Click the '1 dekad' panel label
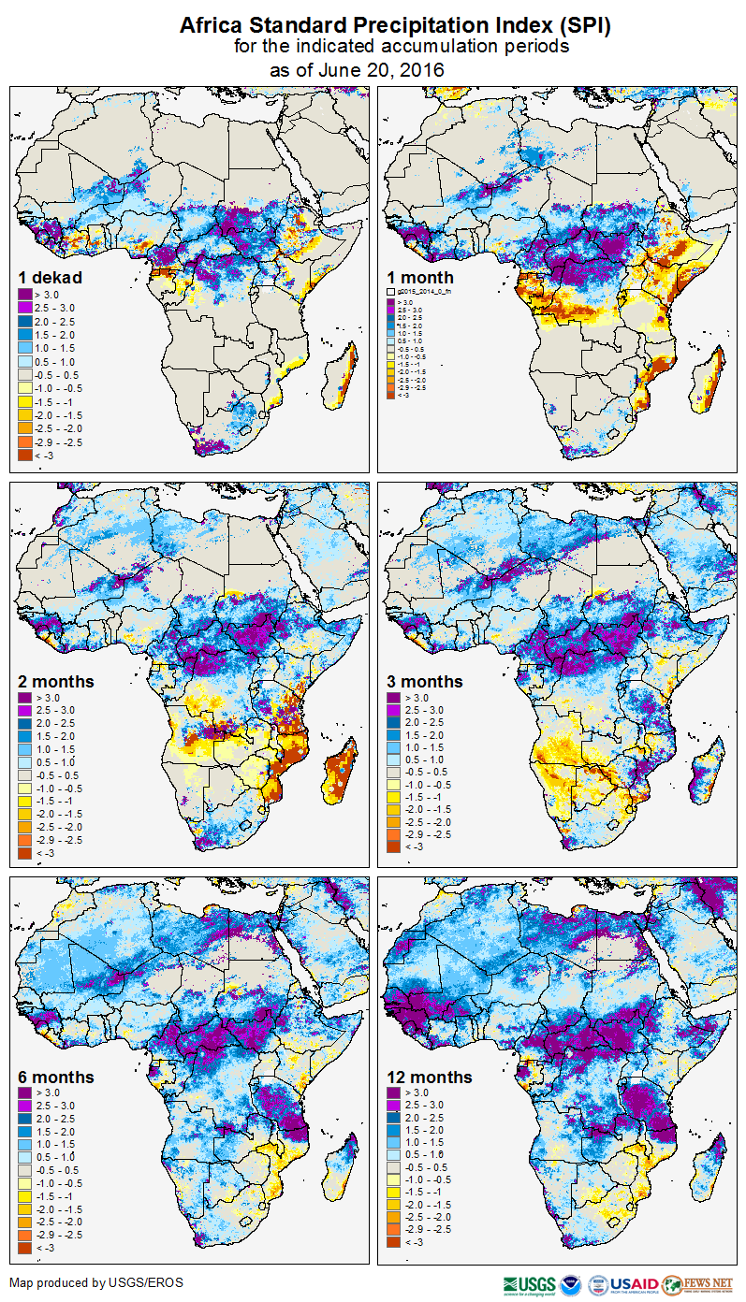(x=51, y=278)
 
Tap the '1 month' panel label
(x=419, y=278)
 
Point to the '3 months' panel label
(x=424, y=682)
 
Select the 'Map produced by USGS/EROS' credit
(x=96, y=1282)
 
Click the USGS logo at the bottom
(x=529, y=1284)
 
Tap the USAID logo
(x=634, y=1284)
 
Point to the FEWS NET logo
(x=697, y=1284)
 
